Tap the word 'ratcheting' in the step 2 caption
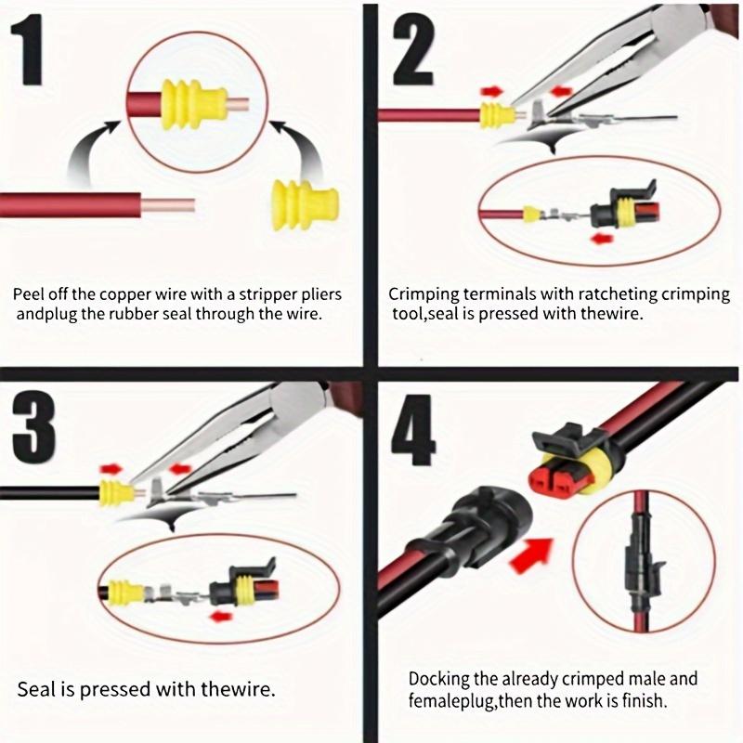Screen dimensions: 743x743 (615, 294)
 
